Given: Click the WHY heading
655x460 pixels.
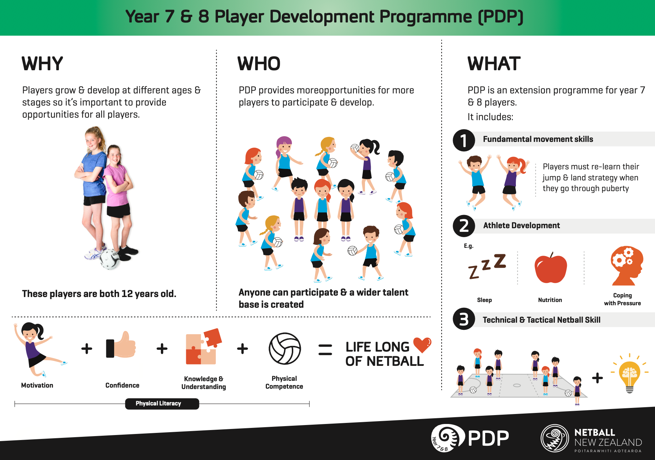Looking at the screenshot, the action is [42, 64].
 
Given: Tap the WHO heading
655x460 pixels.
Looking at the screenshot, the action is [259, 64].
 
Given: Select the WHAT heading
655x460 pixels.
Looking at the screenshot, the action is [494, 64].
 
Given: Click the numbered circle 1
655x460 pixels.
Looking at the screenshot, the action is [464, 140].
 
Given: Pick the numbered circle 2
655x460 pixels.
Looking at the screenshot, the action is [464, 226].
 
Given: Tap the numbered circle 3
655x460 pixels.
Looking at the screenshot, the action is [464, 319].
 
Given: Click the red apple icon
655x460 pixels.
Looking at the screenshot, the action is [550, 268].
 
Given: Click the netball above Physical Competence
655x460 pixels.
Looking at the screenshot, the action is [285, 349].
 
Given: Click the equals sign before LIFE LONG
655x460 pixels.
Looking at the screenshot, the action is [325, 349].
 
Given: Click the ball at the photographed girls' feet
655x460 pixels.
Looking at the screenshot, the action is [110, 259].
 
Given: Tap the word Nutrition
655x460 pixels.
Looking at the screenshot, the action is [550, 300].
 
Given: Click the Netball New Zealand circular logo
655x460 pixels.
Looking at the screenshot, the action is [555, 438].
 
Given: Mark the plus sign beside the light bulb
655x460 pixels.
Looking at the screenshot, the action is [597, 378].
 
